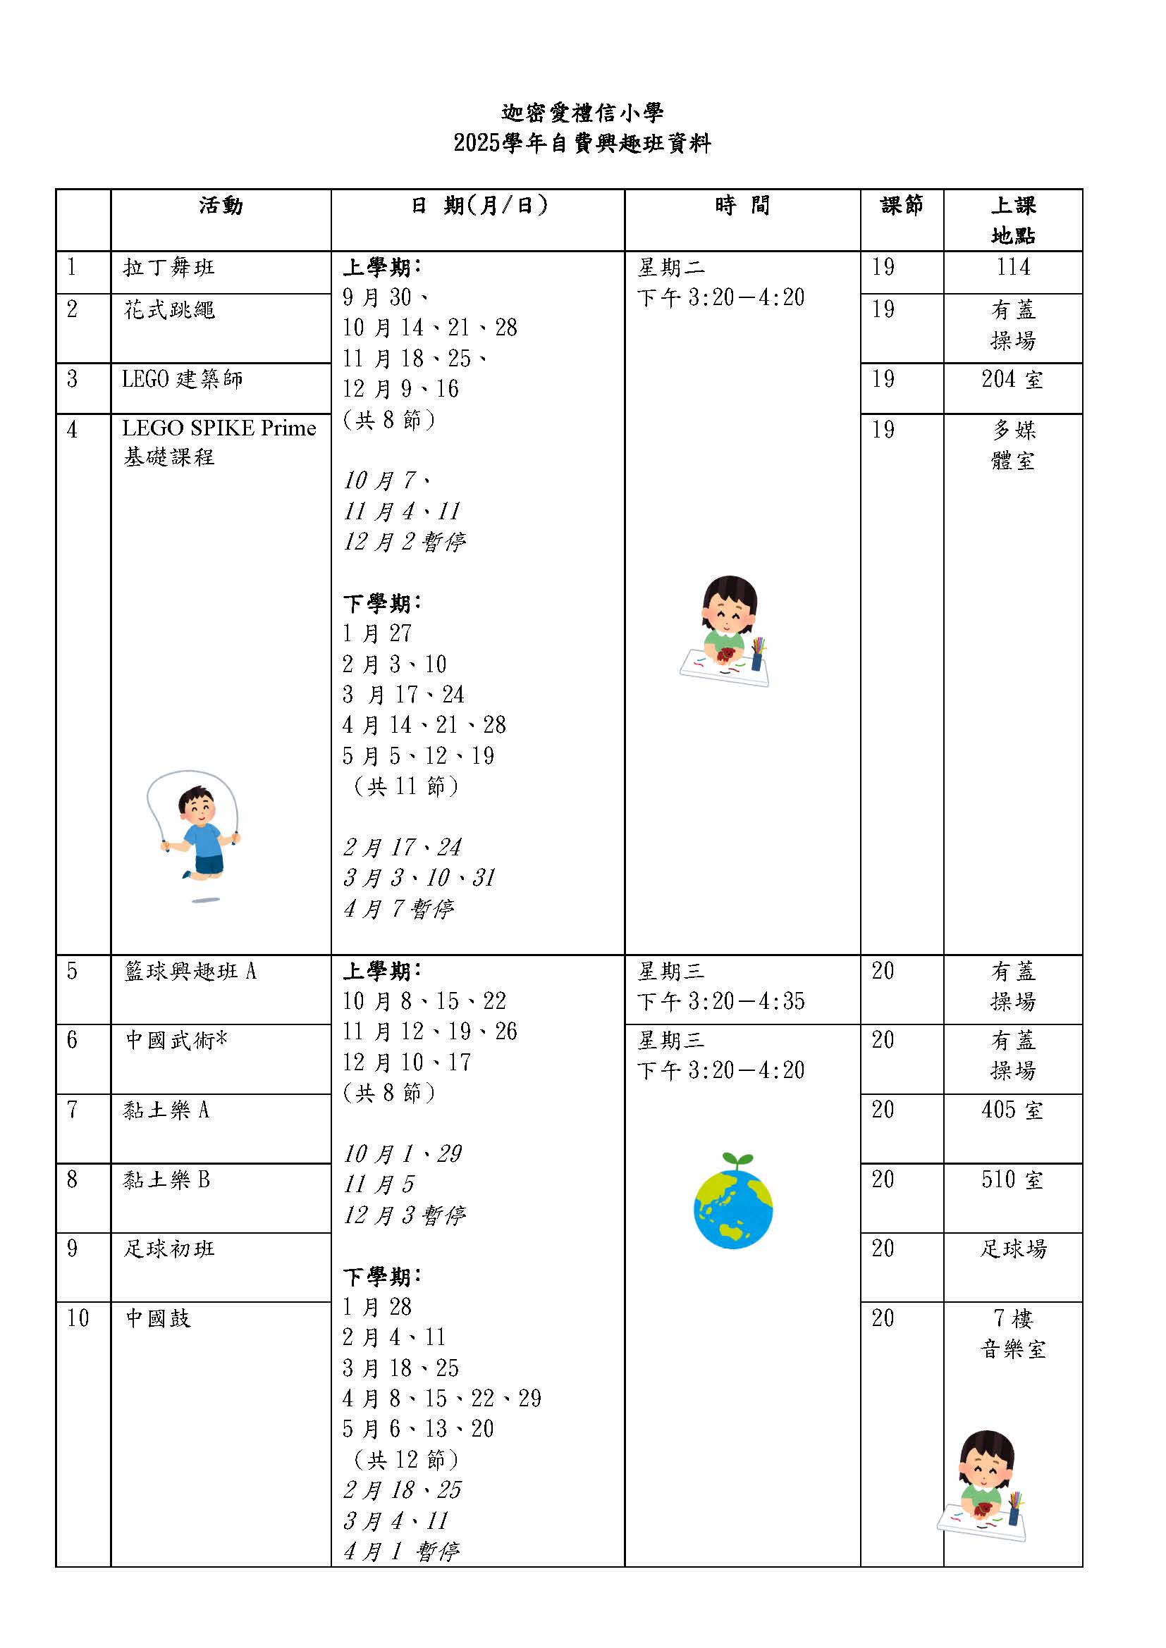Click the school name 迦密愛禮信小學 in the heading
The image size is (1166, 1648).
click(x=582, y=113)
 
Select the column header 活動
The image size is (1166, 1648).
click(x=221, y=206)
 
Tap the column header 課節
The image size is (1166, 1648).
click(x=901, y=206)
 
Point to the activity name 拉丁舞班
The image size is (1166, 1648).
click(x=168, y=268)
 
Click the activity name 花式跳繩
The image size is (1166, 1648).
click(x=168, y=310)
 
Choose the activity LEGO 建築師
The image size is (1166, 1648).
click(x=183, y=379)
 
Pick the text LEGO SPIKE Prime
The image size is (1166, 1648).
click(x=219, y=428)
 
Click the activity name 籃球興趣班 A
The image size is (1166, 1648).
click(x=190, y=971)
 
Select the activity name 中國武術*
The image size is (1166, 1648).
click(x=176, y=1040)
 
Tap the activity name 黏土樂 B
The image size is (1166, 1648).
click(x=166, y=1179)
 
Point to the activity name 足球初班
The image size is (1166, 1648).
click(x=168, y=1249)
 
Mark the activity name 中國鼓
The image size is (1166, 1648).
click(x=158, y=1318)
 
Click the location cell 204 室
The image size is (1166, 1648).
click(x=1012, y=379)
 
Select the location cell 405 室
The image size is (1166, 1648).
click(x=1012, y=1110)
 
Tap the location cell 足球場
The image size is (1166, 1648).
click(x=1013, y=1249)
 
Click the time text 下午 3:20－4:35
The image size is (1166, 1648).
click(x=721, y=1001)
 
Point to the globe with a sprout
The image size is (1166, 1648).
click(x=733, y=1201)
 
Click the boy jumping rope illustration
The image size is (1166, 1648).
click(x=194, y=833)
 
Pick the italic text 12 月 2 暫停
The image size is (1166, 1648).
click(x=404, y=541)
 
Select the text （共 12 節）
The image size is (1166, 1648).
click(x=405, y=1459)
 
